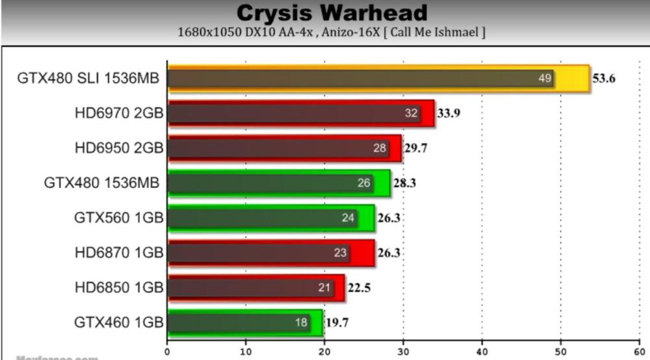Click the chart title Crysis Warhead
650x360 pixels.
click(331, 13)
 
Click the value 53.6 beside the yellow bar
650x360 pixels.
click(603, 79)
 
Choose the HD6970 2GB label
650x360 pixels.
click(119, 114)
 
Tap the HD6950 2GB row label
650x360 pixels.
click(119, 149)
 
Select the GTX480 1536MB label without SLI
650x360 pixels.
click(104, 183)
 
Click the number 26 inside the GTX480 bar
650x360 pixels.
click(364, 183)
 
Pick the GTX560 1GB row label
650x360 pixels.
click(119, 218)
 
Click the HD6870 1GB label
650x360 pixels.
click(119, 253)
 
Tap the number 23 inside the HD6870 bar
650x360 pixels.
click(341, 253)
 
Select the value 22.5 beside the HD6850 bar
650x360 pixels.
click(359, 288)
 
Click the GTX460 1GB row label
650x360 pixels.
click(119, 322)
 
